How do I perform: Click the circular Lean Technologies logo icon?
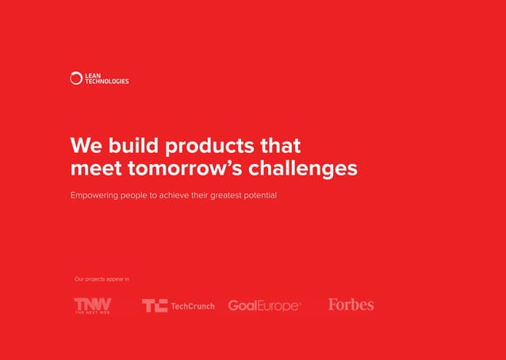coord(76,78)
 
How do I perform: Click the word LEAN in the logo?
coord(93,75)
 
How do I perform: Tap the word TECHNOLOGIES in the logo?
coord(107,81)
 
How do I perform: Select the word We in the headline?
coord(86,146)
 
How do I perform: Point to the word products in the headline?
coord(207,147)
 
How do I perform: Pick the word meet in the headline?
coord(94,169)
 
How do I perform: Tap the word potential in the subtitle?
coord(266,195)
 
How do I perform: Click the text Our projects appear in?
coord(102,278)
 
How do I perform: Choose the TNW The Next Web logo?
coord(93,305)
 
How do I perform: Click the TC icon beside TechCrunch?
coord(155,306)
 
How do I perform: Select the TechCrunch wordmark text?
coord(193,306)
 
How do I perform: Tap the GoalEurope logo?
coord(264,306)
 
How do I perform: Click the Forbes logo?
coord(351,304)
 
